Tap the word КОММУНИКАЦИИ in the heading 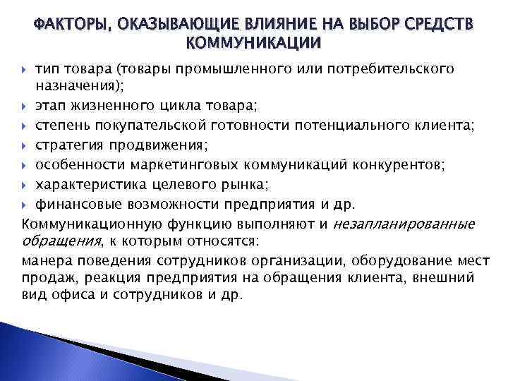click(x=253, y=44)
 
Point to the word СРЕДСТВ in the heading click(x=440, y=26)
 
